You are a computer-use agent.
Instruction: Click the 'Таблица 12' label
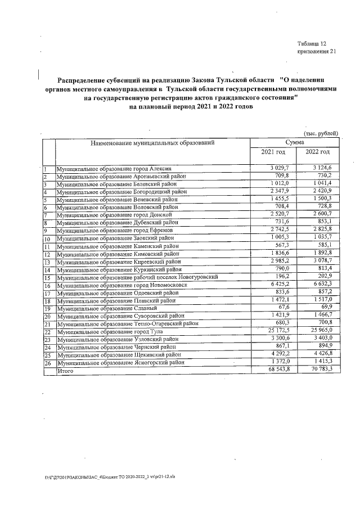tap(312, 43)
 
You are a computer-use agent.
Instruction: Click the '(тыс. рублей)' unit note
tap(321, 133)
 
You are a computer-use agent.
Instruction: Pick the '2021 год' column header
tap(273, 153)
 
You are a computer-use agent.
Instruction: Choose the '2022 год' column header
tap(317, 153)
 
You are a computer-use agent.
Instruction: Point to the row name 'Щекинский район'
tap(119, 355)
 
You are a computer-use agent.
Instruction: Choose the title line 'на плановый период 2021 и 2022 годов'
tap(191, 106)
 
